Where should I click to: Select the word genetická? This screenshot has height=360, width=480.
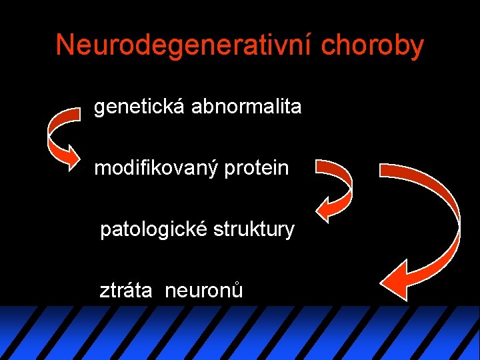[x=140, y=106]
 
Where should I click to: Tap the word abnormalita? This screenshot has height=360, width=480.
[x=246, y=106]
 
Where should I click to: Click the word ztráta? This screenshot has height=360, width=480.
[x=127, y=291]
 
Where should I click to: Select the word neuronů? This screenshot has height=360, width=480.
[x=203, y=291]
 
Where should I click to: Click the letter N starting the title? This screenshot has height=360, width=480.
[x=65, y=45]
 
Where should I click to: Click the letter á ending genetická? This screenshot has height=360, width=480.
[x=181, y=106]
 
